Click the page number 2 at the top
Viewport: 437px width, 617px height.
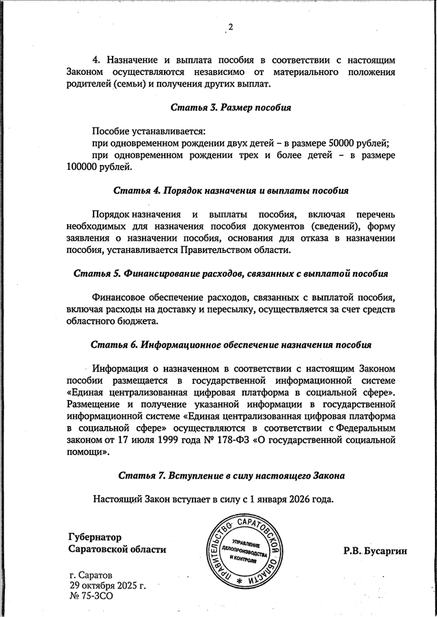tap(230, 27)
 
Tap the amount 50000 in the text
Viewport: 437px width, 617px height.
tap(341, 142)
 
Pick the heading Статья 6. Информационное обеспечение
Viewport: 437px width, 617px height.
tap(231, 344)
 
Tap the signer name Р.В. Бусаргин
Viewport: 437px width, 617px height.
tap(375, 550)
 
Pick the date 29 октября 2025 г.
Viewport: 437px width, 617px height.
tap(108, 585)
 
